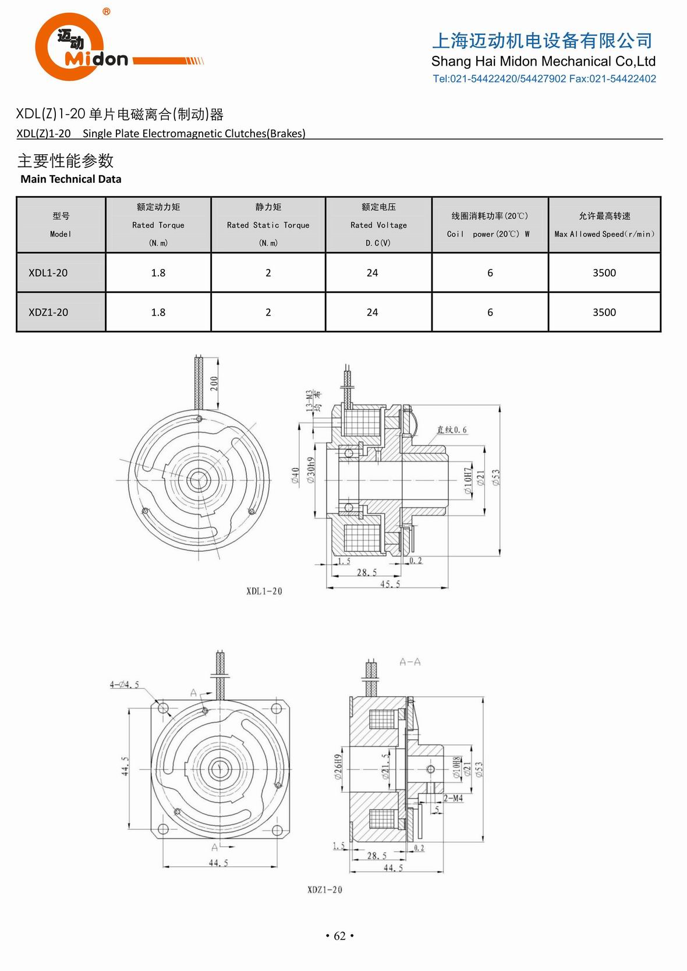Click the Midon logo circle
tap(69, 47)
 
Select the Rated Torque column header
tap(158, 225)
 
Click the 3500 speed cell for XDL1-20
tap(604, 272)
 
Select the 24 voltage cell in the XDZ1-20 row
tap(372, 312)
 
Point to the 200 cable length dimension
tap(214, 382)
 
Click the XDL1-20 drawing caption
tap(264, 591)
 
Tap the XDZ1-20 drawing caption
tap(324, 890)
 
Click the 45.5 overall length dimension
tap(389, 584)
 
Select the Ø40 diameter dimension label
tap(296, 476)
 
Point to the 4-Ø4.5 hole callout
tap(125, 685)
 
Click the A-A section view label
tap(410, 662)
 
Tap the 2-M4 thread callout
tap(453, 798)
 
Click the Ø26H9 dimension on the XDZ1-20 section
tap(338, 768)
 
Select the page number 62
tap(340, 936)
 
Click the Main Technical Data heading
tap(71, 179)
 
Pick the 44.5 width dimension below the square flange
tap(218, 863)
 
